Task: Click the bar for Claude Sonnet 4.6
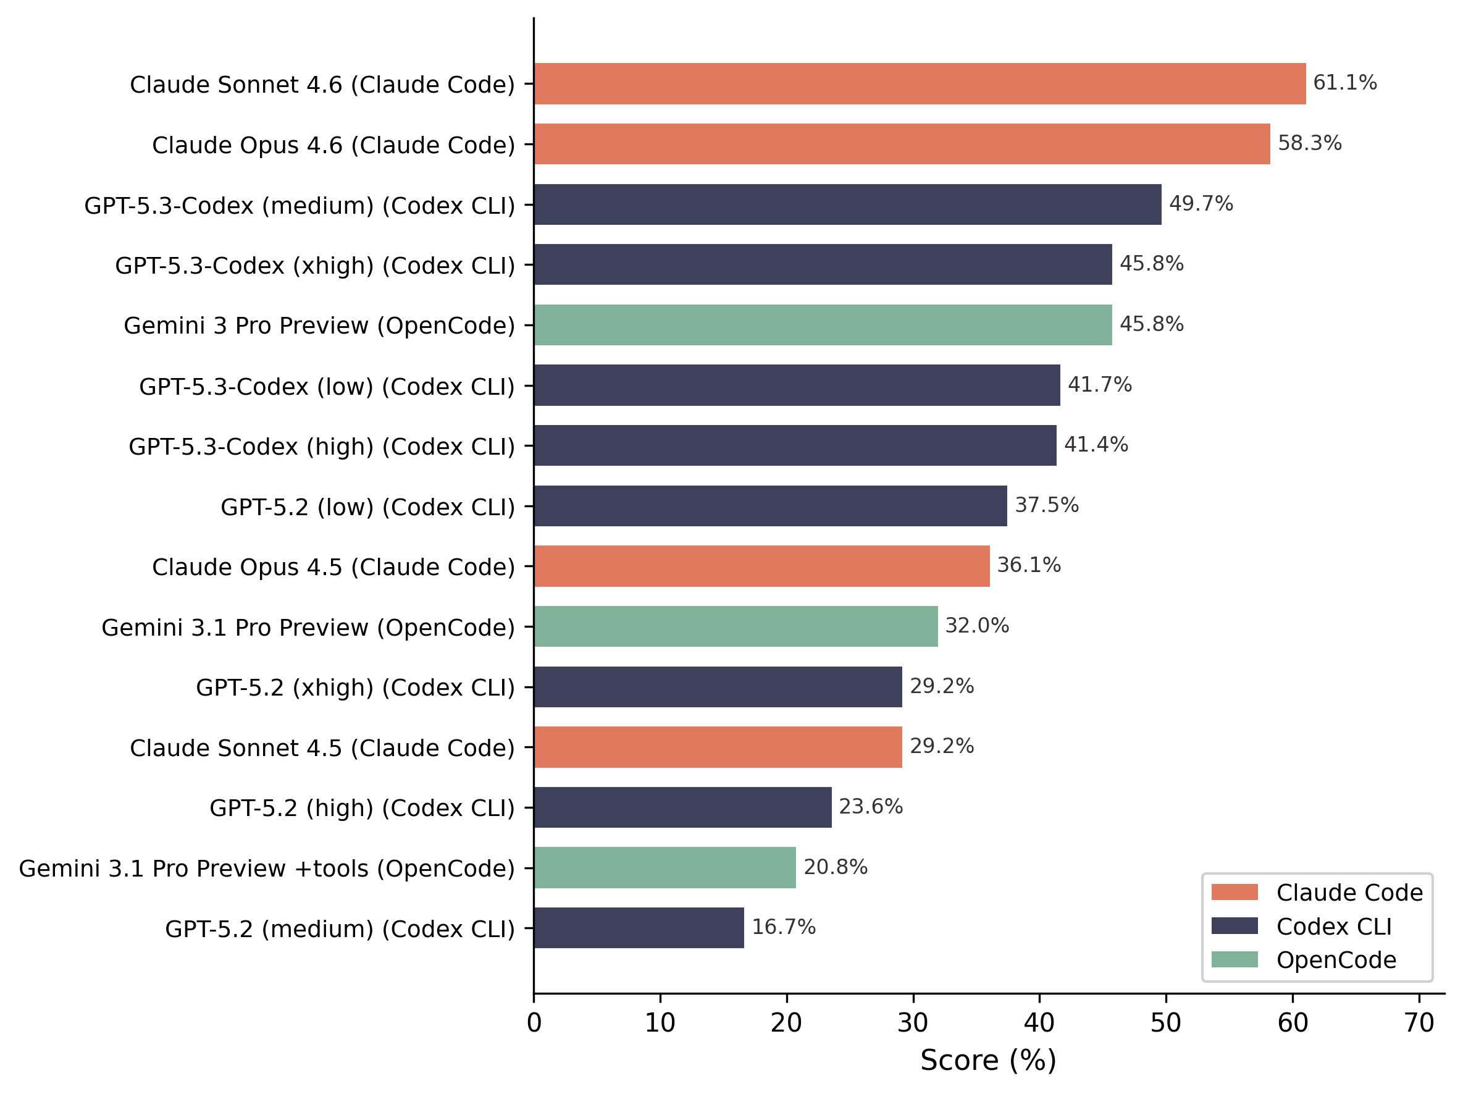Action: point(920,84)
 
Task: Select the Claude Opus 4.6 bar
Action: point(902,144)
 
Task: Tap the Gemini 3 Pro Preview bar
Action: point(823,325)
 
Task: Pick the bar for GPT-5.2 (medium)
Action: point(639,928)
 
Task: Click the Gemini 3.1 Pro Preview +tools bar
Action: point(664,868)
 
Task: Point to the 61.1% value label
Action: point(1344,83)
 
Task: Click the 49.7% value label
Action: point(1201,204)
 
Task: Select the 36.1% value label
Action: point(1028,565)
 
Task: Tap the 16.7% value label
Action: point(783,927)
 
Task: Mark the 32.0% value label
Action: point(976,626)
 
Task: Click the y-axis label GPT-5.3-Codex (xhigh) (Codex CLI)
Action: point(315,265)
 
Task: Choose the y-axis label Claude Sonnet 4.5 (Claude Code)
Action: point(322,747)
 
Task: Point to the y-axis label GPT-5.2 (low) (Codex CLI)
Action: point(367,507)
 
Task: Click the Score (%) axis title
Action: point(988,1060)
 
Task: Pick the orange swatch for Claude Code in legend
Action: point(1234,892)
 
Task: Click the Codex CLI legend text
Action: point(1333,927)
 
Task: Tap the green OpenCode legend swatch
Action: point(1234,960)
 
